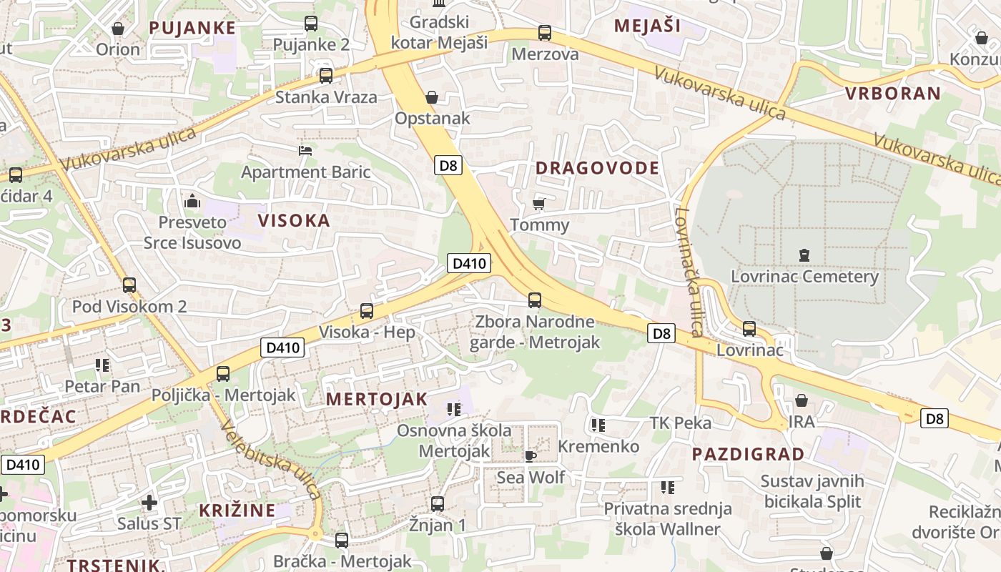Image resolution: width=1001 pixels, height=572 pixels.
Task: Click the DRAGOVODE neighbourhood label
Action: pos(597,168)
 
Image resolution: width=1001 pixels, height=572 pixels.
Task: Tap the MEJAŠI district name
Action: pos(647,26)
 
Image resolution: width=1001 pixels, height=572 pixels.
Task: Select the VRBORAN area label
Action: pos(893,94)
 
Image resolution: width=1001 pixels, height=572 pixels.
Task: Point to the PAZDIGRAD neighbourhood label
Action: pos(748,454)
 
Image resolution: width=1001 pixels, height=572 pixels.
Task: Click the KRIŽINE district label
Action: pos(237,511)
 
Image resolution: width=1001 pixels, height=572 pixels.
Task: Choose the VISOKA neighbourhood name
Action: pos(295,220)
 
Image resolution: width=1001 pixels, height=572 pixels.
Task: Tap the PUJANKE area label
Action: pos(192,28)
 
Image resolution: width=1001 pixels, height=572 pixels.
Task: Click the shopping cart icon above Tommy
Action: pos(539,204)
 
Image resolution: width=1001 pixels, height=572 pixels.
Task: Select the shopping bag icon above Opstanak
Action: pos(432,97)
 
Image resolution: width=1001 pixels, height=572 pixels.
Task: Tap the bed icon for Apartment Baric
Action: pos(305,151)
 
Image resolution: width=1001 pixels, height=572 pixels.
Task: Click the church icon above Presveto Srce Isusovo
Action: pos(192,202)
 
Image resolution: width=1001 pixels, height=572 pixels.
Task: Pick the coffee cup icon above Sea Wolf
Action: pos(531,456)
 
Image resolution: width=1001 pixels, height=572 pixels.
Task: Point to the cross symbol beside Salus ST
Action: pos(149,503)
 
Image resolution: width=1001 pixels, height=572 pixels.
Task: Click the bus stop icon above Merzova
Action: pos(545,33)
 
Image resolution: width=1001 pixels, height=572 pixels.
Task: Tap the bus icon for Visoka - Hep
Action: pos(367,311)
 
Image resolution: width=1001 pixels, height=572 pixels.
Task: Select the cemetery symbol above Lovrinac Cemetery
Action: pos(804,255)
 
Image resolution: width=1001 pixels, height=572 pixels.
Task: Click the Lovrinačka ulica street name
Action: pos(688,272)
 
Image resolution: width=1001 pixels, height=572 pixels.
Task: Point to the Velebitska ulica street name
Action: pos(271,460)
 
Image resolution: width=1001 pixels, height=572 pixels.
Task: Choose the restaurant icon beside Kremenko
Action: pos(598,426)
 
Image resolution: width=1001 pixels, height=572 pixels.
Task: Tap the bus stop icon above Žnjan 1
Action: pos(438,504)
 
